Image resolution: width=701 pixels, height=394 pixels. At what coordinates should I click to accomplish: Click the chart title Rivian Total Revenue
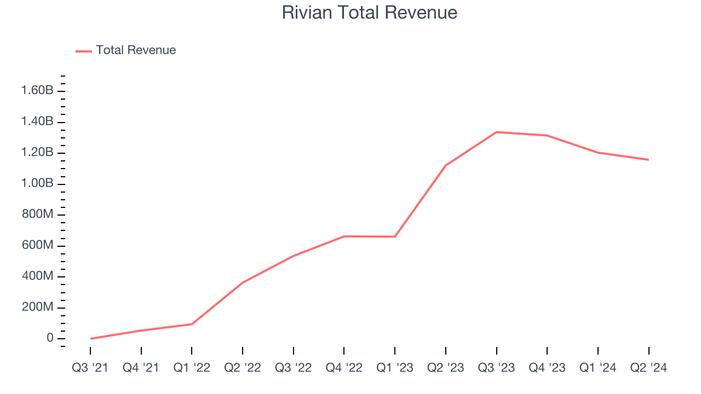tap(370, 13)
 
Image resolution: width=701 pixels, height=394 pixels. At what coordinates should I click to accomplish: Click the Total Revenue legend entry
tap(136, 50)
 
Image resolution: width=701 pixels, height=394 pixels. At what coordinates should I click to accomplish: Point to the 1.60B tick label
tap(37, 90)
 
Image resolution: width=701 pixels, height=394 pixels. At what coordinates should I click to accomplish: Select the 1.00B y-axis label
tap(37, 183)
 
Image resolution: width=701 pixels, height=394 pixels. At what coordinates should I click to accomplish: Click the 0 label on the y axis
tap(50, 338)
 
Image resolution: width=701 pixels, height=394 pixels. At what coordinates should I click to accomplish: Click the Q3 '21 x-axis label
tap(90, 368)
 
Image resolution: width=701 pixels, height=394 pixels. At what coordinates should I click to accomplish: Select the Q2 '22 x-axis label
tap(243, 368)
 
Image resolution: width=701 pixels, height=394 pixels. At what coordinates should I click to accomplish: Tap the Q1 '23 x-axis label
tap(395, 368)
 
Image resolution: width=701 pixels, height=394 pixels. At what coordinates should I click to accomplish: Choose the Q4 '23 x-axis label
tap(547, 368)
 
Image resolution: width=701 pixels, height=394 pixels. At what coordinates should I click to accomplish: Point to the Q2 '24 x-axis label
tap(648, 368)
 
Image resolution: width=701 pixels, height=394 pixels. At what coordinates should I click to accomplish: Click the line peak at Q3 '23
tap(496, 132)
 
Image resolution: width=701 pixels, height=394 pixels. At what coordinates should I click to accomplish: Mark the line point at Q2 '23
tap(446, 165)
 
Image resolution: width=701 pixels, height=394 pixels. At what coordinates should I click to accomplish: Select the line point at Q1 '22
tap(192, 324)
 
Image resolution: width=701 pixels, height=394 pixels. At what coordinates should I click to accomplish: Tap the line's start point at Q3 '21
tap(90, 339)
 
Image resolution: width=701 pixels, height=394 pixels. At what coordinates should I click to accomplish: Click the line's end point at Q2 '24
tap(648, 160)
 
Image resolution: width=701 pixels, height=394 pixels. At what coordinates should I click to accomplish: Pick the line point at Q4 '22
tap(344, 236)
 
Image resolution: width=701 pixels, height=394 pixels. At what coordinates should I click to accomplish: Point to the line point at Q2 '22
tap(243, 282)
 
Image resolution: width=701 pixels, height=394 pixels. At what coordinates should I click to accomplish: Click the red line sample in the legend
tap(84, 51)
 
